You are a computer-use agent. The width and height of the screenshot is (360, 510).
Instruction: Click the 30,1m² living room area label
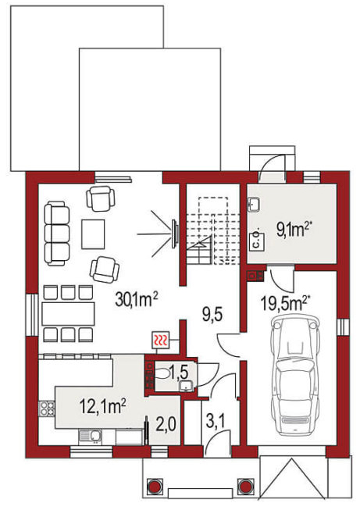point(136,299)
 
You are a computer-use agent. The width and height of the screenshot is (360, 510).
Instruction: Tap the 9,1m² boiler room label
point(292,230)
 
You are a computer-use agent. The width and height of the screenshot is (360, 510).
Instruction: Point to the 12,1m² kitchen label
point(103,406)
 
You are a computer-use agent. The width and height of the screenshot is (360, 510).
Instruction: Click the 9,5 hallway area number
point(212,315)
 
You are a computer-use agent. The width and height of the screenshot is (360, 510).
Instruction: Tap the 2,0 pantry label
point(166,424)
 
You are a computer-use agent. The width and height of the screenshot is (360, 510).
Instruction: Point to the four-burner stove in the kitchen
point(47,408)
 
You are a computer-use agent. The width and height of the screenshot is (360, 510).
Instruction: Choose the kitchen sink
point(90,437)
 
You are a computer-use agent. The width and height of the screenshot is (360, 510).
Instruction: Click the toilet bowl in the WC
point(162,373)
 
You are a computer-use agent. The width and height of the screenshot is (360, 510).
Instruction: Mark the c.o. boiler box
point(256,241)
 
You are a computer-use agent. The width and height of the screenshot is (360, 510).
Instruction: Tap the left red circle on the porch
point(154,487)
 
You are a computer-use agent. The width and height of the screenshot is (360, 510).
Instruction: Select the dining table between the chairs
point(68,314)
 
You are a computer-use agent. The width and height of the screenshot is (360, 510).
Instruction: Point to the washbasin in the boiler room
point(254,205)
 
